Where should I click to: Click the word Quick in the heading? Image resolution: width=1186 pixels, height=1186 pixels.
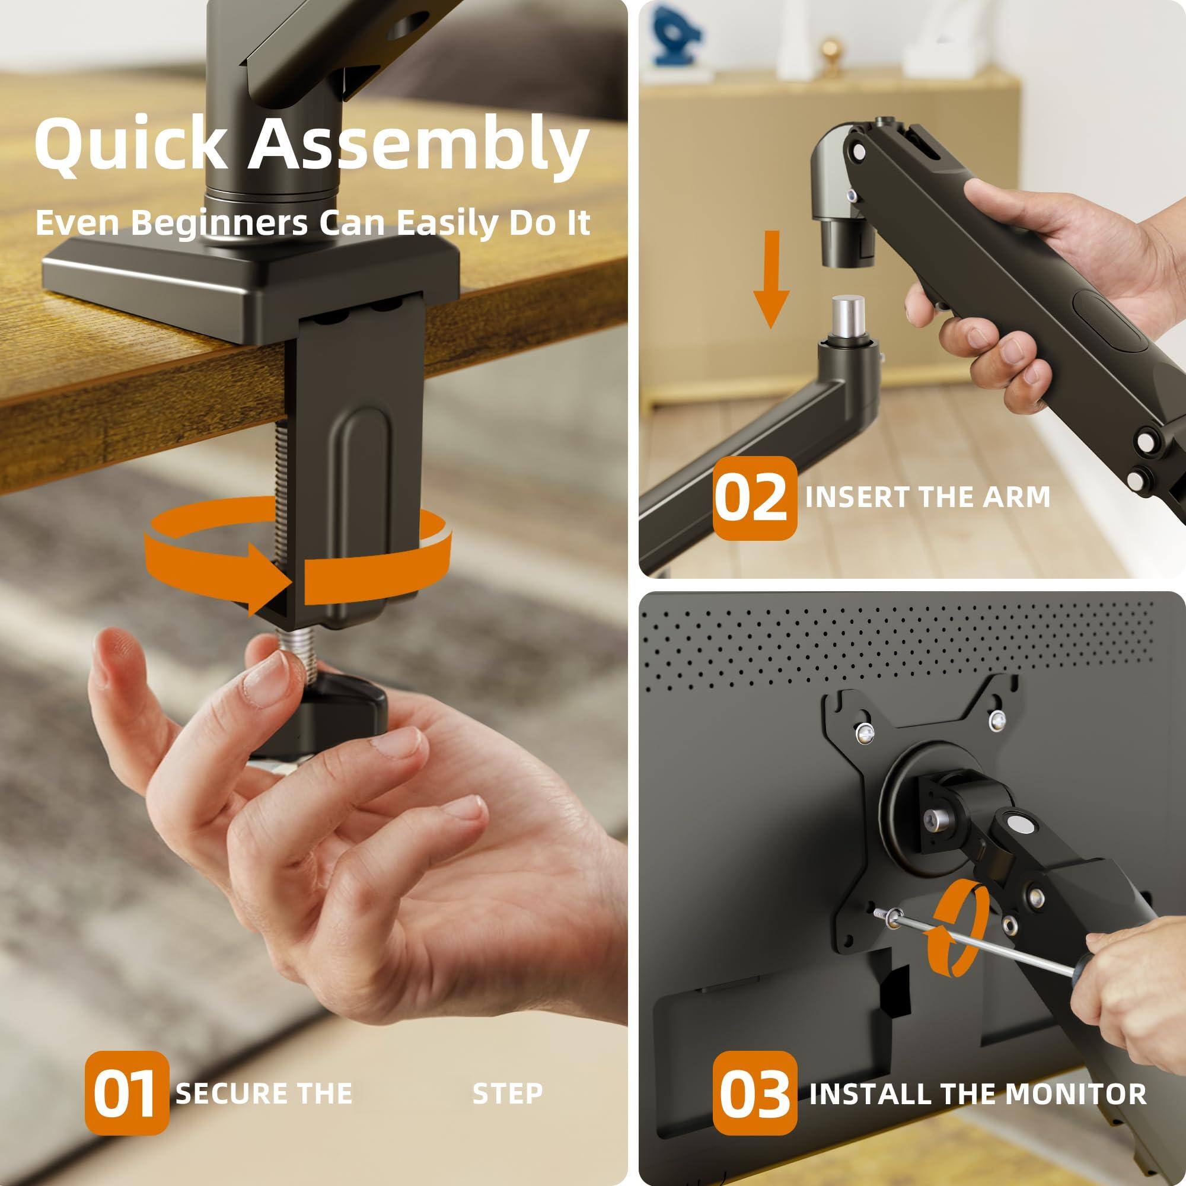coord(130,145)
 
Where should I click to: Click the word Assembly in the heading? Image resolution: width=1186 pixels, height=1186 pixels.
coord(417,145)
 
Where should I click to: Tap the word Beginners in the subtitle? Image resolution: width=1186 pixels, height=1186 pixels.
coord(219,222)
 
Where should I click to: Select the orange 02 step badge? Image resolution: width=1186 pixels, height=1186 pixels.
coord(754,498)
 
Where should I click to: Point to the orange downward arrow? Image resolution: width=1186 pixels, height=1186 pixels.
coord(771,279)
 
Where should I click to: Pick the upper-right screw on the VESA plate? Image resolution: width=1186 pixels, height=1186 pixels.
coord(997,717)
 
